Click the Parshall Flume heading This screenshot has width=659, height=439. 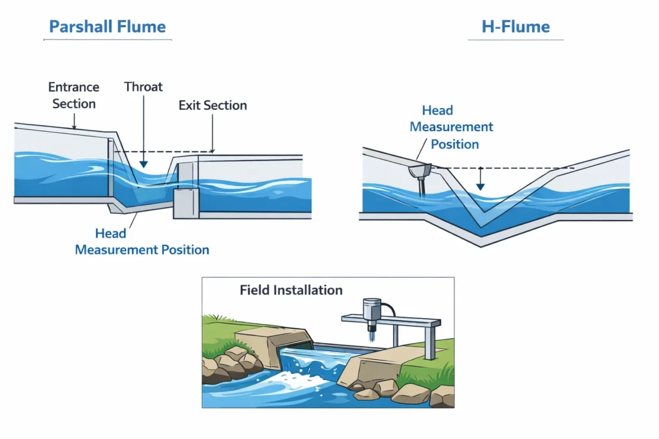point(107,27)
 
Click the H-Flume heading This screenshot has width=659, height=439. point(515,27)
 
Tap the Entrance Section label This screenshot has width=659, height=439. point(73,95)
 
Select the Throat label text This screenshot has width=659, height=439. point(143,87)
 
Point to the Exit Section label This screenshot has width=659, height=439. point(212,105)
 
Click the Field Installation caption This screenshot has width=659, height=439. point(291,290)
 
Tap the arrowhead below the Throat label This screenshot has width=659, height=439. point(143,165)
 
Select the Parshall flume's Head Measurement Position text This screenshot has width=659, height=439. point(142,241)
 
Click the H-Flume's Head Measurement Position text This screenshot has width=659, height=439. point(451,127)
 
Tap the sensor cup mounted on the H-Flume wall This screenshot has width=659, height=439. point(420,172)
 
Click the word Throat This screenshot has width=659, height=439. point(143,87)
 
